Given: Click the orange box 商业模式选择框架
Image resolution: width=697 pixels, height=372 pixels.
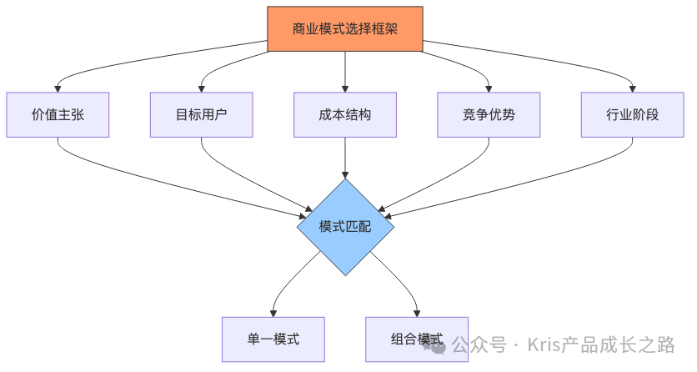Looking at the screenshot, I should tap(345, 29).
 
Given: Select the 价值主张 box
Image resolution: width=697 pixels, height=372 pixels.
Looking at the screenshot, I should tap(58, 114).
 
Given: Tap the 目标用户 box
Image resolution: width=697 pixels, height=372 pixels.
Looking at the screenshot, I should tap(201, 114).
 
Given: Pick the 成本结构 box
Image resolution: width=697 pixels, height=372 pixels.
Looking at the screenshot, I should tap(345, 114).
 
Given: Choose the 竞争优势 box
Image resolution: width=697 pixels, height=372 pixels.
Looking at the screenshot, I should tap(489, 114).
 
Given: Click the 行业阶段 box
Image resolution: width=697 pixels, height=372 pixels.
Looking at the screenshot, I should tap(633, 114).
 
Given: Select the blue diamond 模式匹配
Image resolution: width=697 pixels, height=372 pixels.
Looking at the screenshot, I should tap(345, 226).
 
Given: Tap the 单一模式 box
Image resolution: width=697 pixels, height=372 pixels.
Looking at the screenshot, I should tap(273, 339).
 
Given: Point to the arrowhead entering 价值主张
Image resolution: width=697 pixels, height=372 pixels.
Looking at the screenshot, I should tap(58, 88).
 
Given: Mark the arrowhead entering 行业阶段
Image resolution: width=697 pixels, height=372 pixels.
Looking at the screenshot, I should tap(633, 88).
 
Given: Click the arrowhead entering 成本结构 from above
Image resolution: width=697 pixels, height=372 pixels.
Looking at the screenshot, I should tap(345, 88).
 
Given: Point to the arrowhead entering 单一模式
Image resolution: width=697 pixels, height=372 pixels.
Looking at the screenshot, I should tap(273, 312).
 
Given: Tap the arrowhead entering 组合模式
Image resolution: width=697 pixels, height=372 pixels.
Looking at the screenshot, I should tap(417, 312).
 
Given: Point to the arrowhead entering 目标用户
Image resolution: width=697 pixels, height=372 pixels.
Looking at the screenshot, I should tap(201, 88).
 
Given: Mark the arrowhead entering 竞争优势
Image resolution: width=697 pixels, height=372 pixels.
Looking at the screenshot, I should tap(489, 88).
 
